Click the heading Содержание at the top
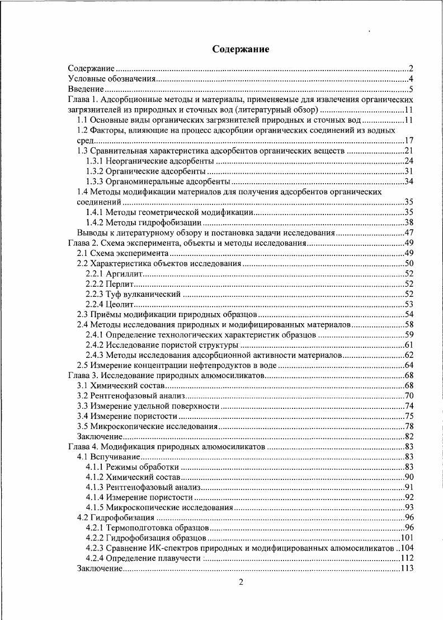[x=241, y=50]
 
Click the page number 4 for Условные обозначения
[x=410, y=79]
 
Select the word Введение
[x=86, y=88]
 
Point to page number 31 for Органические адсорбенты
[x=408, y=171]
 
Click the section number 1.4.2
[x=95, y=222]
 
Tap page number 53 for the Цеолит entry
[x=408, y=304]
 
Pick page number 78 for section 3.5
[x=408, y=426]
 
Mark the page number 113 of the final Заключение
[x=406, y=568]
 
